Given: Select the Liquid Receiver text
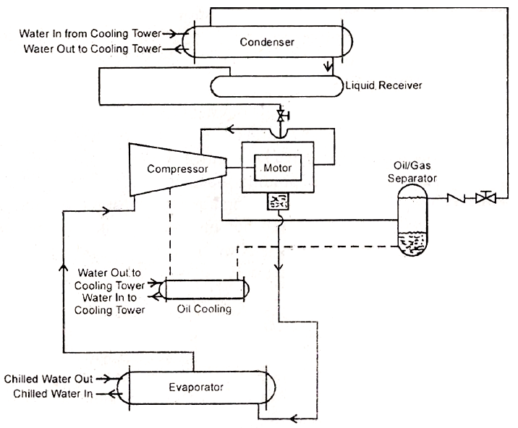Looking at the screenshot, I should tap(383, 86).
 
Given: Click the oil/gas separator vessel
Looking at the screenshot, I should tap(412, 220).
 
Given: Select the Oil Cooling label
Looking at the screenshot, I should tap(204, 309).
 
